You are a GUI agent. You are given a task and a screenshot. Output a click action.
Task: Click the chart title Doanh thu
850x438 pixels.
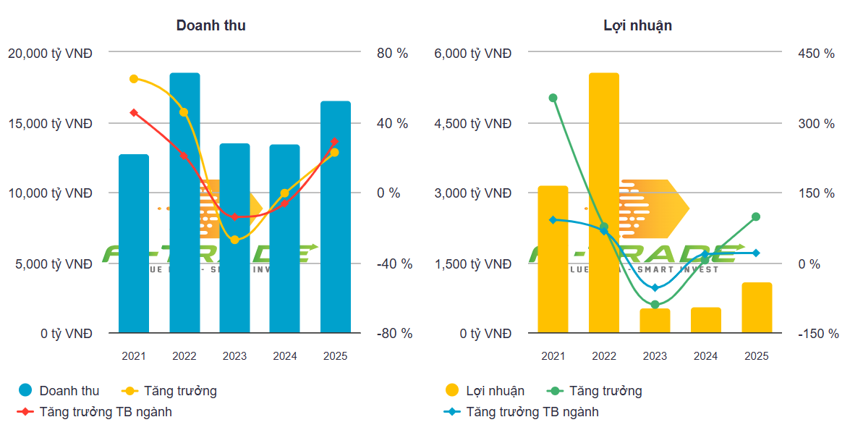pos(211,25)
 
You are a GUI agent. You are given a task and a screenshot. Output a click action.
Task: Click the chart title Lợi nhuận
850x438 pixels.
pos(637,25)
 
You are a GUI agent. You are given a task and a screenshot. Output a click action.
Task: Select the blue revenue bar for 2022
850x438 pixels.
pos(184,203)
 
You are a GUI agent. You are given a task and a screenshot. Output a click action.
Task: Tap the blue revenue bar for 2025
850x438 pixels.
pos(336,217)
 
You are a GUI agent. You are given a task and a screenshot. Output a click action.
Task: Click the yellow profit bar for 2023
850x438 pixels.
pos(655,321)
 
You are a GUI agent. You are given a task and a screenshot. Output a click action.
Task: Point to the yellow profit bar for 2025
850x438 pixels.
pos(757,308)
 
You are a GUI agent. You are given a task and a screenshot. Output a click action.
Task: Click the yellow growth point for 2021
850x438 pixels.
pos(134,79)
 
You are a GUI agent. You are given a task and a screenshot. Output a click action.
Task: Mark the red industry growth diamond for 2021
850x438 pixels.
pos(134,113)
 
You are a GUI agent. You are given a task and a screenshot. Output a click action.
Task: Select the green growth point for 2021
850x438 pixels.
pos(553,98)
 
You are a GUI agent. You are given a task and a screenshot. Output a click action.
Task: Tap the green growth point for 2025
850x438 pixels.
pos(757,216)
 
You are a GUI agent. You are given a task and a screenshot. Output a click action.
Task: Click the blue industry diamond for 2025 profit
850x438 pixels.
pos(757,253)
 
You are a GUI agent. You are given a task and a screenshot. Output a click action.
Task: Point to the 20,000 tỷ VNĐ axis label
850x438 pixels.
pos(50,54)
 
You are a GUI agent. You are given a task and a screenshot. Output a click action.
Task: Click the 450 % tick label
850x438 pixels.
pos(816,54)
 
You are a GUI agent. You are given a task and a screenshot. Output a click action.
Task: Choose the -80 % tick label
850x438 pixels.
pos(394,334)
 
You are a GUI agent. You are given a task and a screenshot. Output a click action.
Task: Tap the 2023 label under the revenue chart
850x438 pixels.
pos(234,356)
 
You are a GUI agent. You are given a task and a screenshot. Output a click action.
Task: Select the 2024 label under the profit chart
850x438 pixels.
pos(705,356)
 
